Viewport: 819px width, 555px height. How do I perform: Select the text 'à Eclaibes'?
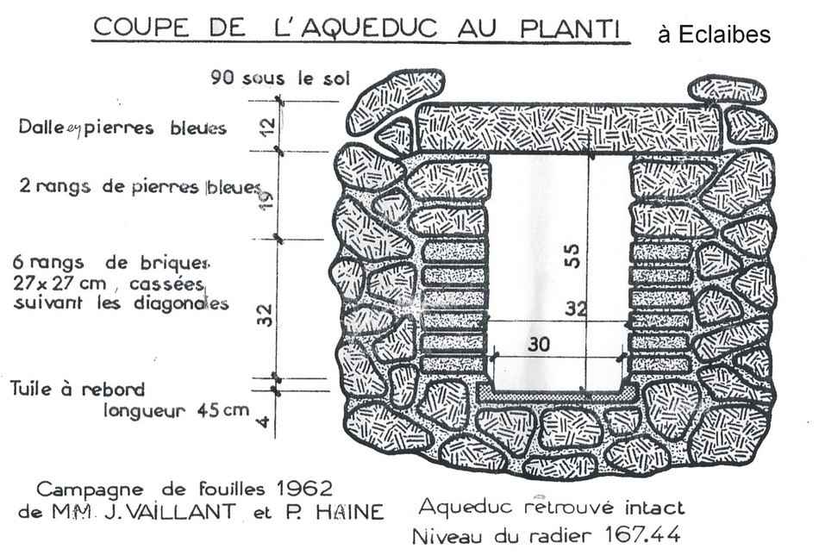tap(714, 35)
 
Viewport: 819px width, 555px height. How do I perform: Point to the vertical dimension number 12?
tap(268, 127)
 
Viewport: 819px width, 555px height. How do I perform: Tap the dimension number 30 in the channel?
tap(538, 343)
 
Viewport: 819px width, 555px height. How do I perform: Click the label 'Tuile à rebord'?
tap(78, 389)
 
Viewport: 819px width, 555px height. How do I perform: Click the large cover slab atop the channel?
tap(568, 128)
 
